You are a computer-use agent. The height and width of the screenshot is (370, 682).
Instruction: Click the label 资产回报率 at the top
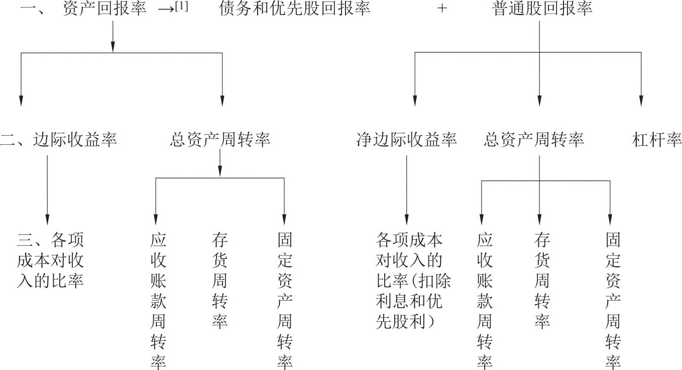(104, 9)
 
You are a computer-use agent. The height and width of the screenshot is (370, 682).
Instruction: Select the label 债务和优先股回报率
(294, 9)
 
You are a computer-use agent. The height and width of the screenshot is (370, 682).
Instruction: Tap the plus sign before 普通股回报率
(442, 9)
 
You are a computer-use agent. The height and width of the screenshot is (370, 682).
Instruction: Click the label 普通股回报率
(542, 9)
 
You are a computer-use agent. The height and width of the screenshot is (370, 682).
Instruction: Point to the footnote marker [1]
(182, 7)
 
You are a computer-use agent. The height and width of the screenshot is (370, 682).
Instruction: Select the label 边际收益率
(75, 140)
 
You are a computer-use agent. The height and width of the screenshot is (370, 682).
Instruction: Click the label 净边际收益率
(406, 140)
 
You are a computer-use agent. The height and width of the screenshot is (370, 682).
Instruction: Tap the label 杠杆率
(657, 140)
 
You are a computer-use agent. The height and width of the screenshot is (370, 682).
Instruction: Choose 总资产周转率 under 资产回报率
(220, 140)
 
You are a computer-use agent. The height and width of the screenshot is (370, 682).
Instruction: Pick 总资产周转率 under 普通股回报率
(534, 140)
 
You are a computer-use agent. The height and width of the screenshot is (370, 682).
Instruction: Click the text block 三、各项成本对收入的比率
(50, 260)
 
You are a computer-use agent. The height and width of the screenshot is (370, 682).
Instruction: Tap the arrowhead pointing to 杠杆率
(641, 101)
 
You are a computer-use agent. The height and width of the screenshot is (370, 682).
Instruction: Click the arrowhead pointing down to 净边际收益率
(415, 101)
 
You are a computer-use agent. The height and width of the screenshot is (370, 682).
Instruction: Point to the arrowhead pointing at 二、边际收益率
(21, 101)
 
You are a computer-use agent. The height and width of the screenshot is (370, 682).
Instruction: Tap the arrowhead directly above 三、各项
(47, 220)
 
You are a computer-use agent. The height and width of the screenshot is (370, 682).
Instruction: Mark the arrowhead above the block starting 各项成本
(406, 220)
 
